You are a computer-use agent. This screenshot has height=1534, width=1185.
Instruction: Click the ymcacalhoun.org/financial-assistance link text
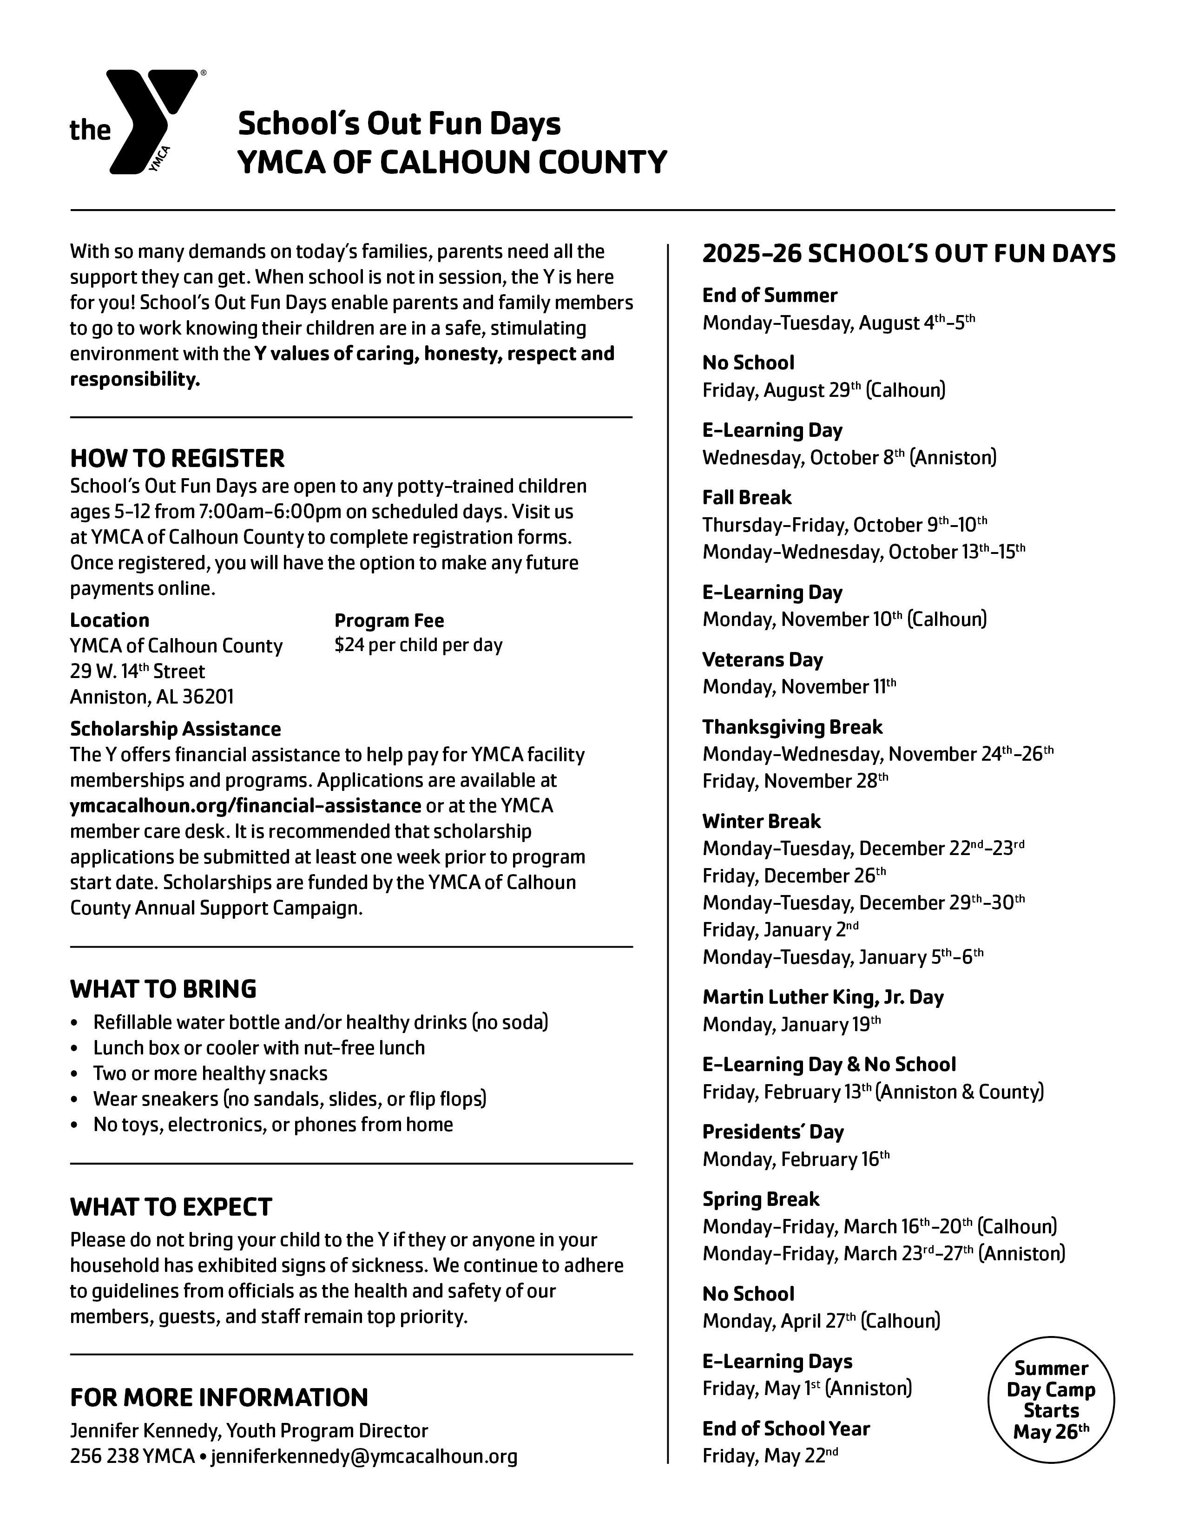pos(245,806)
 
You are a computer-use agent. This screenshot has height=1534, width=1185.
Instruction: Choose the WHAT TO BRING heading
pos(163,989)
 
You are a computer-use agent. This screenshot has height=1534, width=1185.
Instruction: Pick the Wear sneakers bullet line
pos(290,1099)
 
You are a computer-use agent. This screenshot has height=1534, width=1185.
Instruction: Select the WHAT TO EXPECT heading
pos(171,1207)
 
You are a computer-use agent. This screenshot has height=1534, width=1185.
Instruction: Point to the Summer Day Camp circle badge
pos(1051,1400)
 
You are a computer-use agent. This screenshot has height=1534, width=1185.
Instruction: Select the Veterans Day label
pos(762,659)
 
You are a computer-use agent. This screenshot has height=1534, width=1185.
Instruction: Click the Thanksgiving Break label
pos(792,727)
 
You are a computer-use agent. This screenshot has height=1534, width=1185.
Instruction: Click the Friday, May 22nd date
pos(770,1456)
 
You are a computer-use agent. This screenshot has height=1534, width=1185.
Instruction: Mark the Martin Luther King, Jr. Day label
pos(823,997)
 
